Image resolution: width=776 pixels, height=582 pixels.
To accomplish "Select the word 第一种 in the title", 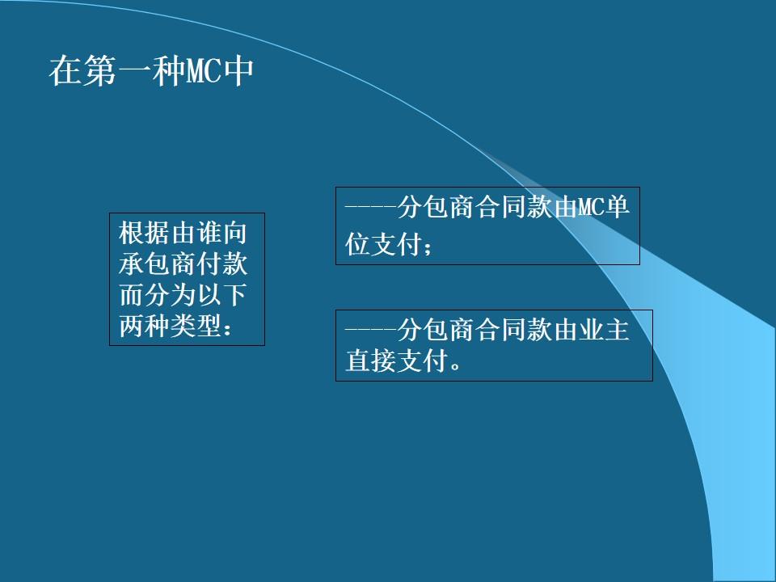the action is pos(133,72).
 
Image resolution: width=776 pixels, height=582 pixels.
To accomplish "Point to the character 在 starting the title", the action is pos(65,72).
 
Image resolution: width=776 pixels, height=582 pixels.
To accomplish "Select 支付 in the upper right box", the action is pos(396,245).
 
